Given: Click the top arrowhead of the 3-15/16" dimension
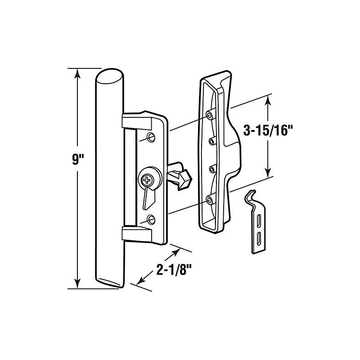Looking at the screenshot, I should (267, 100).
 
